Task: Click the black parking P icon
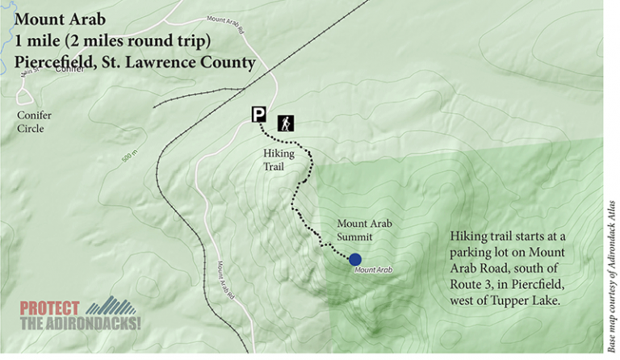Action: [258, 115]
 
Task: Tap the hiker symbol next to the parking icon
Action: [287, 123]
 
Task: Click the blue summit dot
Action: [354, 259]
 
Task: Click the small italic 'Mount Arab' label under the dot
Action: [373, 270]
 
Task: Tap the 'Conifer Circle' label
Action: [34, 122]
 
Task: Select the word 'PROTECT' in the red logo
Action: [49, 308]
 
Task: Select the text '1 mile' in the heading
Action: [39, 40]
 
